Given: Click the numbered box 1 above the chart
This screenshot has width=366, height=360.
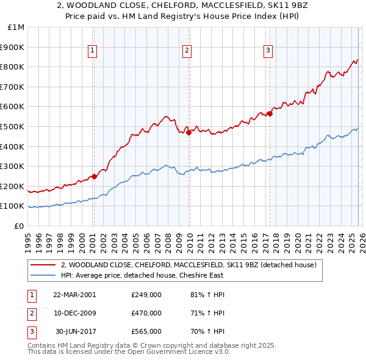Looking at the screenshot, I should [93, 51].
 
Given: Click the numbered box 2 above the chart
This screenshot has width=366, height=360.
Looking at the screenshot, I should [187, 51].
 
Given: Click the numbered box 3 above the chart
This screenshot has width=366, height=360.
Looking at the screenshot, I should [268, 51].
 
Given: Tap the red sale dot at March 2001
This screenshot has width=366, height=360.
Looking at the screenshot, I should [94, 177].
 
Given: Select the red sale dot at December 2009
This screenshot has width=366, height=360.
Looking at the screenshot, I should [188, 132].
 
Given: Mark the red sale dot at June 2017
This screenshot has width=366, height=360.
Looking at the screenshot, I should [270, 113].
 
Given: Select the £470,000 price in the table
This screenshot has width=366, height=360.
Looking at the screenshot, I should [146, 313].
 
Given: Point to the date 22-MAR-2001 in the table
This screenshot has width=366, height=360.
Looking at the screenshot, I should [74, 295].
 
